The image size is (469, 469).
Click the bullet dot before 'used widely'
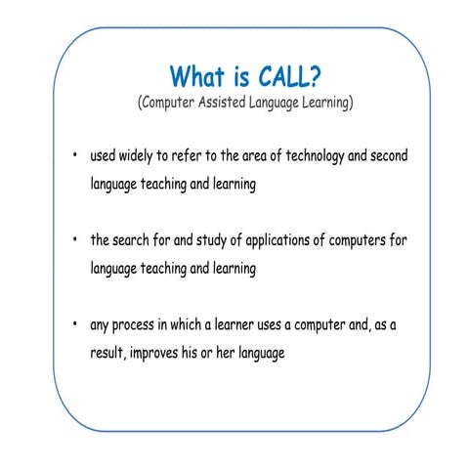coord(74,156)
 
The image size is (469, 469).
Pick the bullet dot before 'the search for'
coord(74,240)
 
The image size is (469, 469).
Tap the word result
coord(102,353)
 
